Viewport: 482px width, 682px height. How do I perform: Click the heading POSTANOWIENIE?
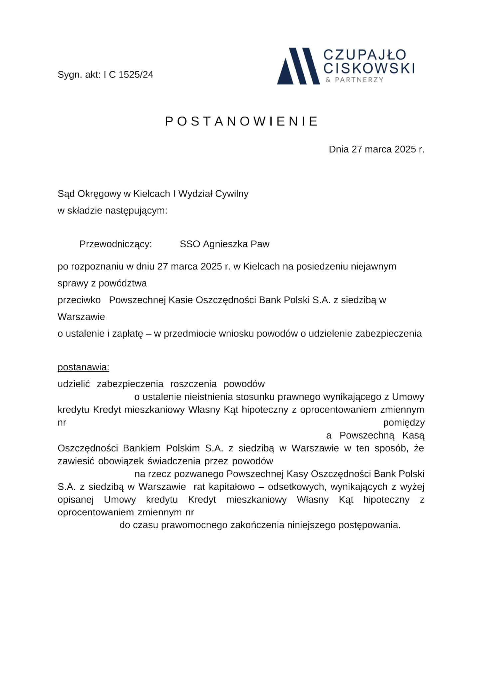(x=241, y=121)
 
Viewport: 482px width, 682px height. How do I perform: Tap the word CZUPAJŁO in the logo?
(x=365, y=55)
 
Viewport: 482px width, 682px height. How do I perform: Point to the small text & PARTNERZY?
(x=354, y=80)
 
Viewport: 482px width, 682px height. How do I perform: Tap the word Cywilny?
(x=232, y=194)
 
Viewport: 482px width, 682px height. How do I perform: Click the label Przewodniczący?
(x=116, y=244)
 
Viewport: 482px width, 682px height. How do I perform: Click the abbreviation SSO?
(x=190, y=244)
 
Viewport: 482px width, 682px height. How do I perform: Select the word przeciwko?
(x=79, y=300)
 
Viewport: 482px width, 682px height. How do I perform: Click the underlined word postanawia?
(x=83, y=368)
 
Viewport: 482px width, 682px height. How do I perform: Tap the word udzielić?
(x=74, y=384)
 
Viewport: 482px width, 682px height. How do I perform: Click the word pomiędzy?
(x=404, y=423)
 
